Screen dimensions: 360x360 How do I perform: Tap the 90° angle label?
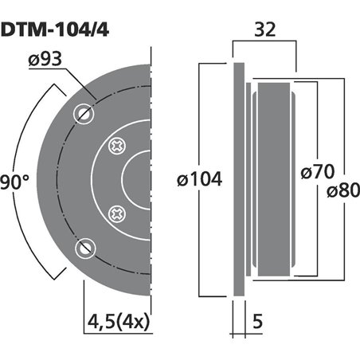coord(14,181)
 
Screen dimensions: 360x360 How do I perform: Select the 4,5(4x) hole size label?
coord(118,322)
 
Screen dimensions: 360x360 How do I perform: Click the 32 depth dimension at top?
coord(264,31)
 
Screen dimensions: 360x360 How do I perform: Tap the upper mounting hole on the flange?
coord(84,113)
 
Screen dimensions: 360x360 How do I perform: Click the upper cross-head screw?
coord(117,147)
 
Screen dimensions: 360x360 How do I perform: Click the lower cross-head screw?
coord(117,213)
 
